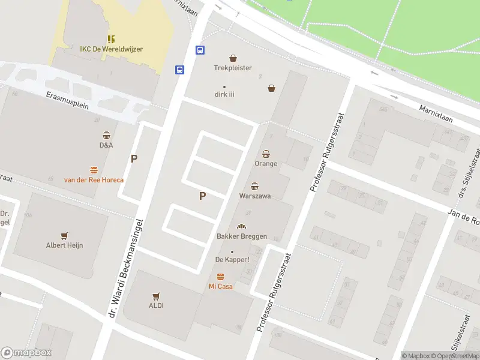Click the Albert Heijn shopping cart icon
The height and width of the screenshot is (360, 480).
tap(64, 235)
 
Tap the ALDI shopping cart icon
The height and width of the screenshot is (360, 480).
tap(156, 296)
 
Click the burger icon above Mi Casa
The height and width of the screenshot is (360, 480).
tap(220, 277)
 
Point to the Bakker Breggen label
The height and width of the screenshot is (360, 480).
tap(241, 236)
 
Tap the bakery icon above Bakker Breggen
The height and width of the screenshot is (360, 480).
tap(241, 226)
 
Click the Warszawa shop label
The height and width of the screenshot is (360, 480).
tap(255, 196)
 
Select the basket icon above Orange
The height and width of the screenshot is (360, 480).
tap(266, 154)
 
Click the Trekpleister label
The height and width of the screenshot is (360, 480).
tap(233, 68)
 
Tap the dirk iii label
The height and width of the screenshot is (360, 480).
tap(224, 94)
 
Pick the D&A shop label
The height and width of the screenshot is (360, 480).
tap(106, 145)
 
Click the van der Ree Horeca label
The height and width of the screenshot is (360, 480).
tap(94, 180)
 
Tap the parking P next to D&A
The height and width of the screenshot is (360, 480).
tap(134, 159)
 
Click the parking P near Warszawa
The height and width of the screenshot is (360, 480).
tap(202, 196)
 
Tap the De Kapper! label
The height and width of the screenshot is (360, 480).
tap(232, 259)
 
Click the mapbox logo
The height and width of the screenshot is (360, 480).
tap(26, 353)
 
